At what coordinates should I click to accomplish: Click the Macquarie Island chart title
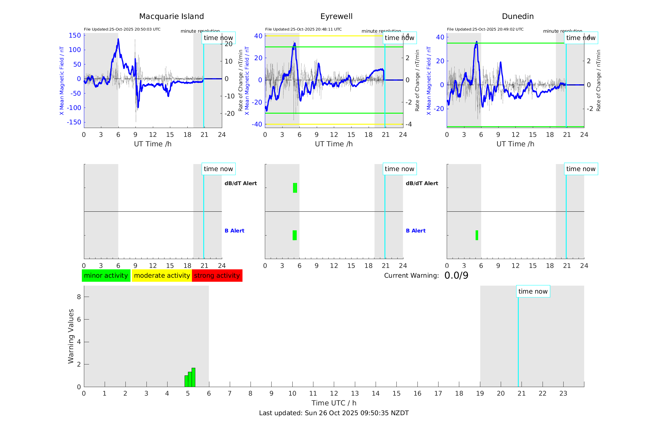point(171,16)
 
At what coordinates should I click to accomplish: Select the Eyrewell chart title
point(336,16)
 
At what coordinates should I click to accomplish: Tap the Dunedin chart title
point(518,16)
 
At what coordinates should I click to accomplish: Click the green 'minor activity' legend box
point(106,276)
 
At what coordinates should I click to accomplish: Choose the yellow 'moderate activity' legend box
point(162,276)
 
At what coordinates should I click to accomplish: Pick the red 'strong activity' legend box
point(217,276)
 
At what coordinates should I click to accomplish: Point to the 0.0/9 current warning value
point(456,276)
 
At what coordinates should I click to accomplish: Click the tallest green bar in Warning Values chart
point(193,377)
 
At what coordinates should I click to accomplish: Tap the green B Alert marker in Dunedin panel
point(477,235)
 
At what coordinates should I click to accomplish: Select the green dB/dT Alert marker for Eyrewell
point(295,188)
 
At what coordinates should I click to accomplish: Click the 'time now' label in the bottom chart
point(533,291)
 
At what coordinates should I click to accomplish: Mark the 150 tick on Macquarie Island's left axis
point(75,35)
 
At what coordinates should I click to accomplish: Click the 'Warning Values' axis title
point(71,336)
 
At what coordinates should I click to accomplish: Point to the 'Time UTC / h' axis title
point(334,403)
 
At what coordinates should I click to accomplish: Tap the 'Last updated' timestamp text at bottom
point(334,413)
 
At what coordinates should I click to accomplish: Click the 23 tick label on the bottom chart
point(563,393)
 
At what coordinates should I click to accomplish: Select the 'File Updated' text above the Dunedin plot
point(485,29)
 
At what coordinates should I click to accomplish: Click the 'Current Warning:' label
point(411,276)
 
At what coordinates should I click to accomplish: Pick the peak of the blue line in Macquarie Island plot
point(118,39)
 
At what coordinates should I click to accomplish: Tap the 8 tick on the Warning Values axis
point(79,297)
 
